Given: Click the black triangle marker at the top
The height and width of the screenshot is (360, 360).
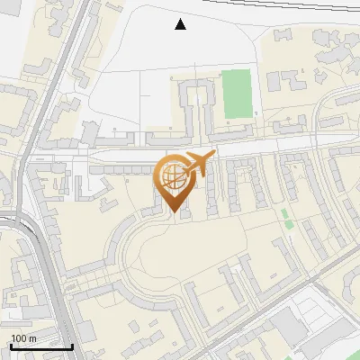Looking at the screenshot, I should pyautogui.click(x=181, y=24).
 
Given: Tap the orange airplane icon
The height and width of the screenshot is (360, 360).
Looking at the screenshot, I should pyautogui.click(x=197, y=165).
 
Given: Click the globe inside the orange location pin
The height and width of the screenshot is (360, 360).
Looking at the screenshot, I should pyautogui.click(x=172, y=176).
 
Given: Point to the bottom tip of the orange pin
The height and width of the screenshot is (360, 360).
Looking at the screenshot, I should pyautogui.click(x=172, y=212).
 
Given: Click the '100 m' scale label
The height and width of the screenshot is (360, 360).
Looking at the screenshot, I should pyautogui.click(x=24, y=338).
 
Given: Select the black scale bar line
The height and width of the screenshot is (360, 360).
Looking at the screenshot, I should pyautogui.click(x=41, y=346).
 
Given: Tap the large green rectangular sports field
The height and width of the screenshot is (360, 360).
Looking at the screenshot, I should pyautogui.click(x=238, y=93).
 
